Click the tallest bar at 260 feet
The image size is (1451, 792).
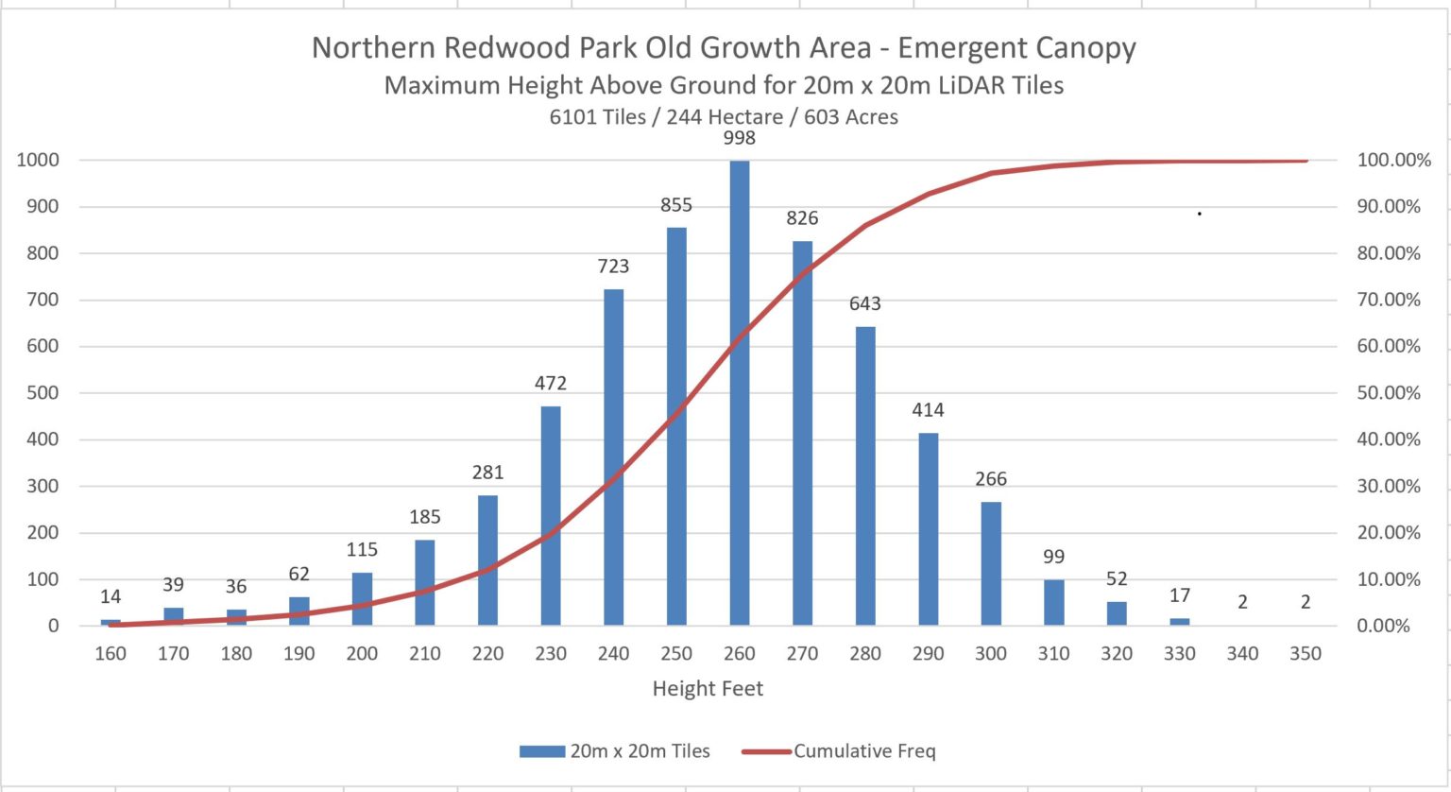point(739,392)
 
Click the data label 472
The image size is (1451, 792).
point(551,383)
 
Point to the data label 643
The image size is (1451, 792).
point(864,303)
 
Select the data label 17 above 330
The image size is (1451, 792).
point(1179,595)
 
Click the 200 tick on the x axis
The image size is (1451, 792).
point(362,653)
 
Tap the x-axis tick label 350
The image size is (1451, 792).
point(1306,653)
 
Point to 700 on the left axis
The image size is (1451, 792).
point(41,300)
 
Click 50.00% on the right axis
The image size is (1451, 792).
point(1388,392)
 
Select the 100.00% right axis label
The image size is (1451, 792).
point(1392,160)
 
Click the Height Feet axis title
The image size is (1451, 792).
point(708,689)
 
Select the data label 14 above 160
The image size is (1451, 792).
point(111,596)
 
